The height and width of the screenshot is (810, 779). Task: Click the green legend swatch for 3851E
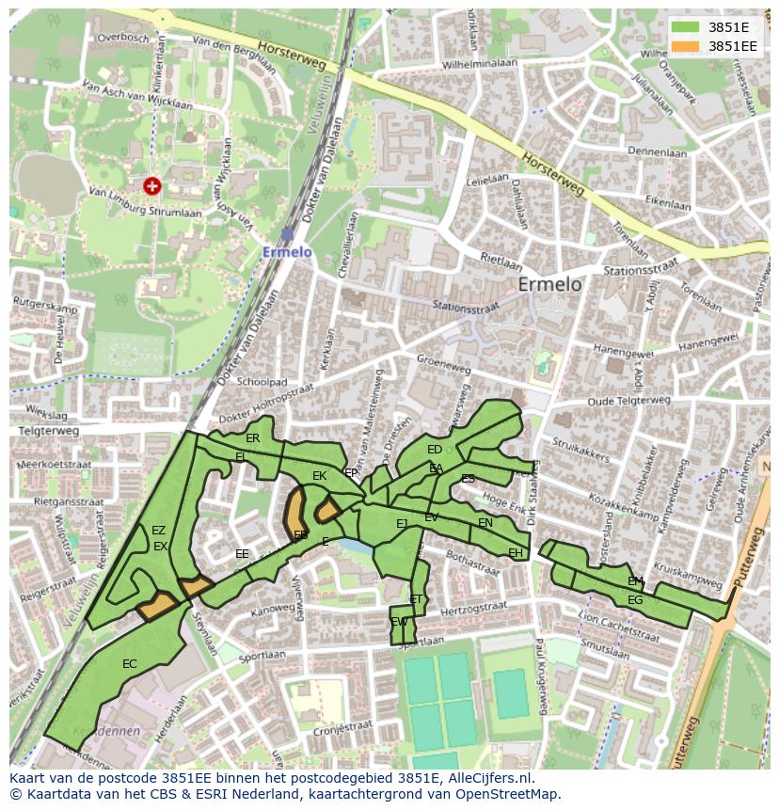pyautogui.click(x=684, y=27)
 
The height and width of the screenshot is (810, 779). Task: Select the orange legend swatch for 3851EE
pyautogui.click(x=684, y=46)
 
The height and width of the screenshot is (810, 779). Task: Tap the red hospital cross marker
pyautogui.click(x=151, y=186)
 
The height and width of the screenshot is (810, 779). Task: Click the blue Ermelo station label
pyautogui.click(x=287, y=251)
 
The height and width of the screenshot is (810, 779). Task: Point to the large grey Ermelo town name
pyautogui.click(x=550, y=284)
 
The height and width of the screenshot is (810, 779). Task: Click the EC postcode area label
pyautogui.click(x=130, y=664)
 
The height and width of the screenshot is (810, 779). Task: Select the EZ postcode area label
pyautogui.click(x=158, y=531)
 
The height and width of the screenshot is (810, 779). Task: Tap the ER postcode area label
pyautogui.click(x=252, y=438)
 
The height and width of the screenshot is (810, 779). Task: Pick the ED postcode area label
pyautogui.click(x=434, y=450)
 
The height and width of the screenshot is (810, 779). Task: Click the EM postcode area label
pyautogui.click(x=636, y=581)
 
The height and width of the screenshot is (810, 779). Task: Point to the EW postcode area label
pyautogui.click(x=399, y=622)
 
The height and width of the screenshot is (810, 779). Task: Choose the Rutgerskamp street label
pyautogui.click(x=44, y=306)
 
